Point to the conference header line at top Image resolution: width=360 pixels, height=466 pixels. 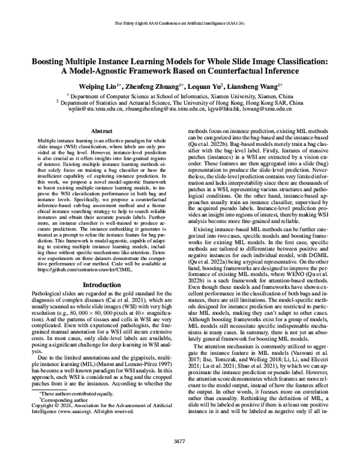pyautogui.click(x=180, y=24)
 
